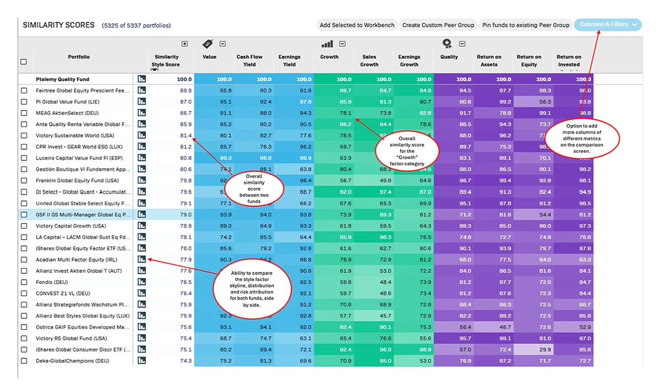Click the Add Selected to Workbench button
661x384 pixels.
point(357,25)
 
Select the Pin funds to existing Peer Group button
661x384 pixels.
point(525,25)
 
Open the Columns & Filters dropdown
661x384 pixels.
point(608,25)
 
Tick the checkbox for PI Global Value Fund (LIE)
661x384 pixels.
point(24,102)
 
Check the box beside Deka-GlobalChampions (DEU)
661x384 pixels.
point(24,361)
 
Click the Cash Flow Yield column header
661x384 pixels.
point(250,60)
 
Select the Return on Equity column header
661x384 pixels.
point(529,60)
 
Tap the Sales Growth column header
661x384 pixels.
point(369,60)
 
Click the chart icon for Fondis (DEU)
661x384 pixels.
point(142,282)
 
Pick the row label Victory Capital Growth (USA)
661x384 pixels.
point(71,226)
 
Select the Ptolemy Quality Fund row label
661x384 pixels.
point(62,79)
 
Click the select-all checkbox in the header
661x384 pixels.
point(24,61)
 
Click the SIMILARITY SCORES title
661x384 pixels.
point(58,25)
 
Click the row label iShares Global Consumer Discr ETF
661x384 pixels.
point(83,350)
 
